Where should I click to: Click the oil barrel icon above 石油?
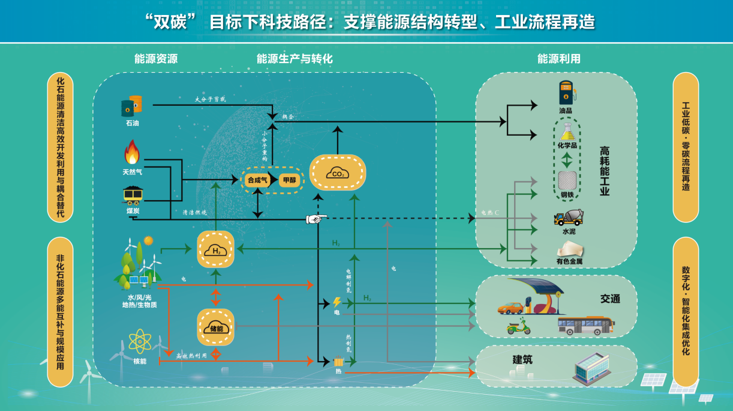click(132, 107)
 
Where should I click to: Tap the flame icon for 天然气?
click(132, 153)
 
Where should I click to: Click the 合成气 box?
click(257, 180)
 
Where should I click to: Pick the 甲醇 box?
click(289, 180)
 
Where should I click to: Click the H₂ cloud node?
click(215, 249)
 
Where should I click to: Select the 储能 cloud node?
click(215, 327)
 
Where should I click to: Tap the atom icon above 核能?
click(140, 341)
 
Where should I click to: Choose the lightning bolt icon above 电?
click(337, 302)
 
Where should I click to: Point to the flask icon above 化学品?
click(566, 131)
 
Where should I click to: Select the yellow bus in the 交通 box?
click(585, 325)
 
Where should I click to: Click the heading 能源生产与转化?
click(295, 59)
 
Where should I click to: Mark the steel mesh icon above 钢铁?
click(567, 180)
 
